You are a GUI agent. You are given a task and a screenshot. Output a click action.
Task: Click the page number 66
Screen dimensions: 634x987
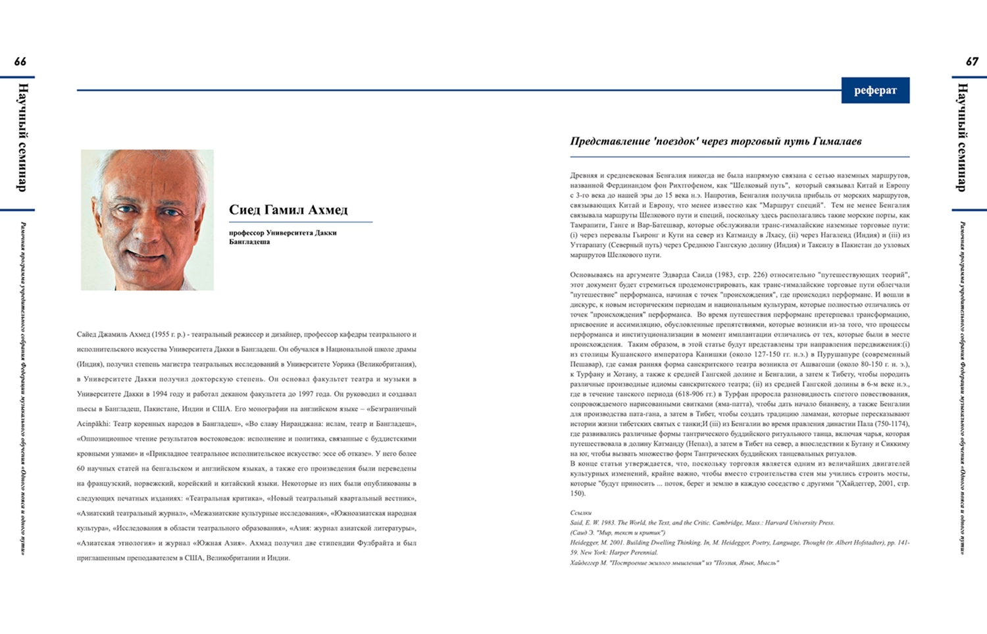(20, 62)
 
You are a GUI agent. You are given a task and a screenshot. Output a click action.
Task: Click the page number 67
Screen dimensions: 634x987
(972, 62)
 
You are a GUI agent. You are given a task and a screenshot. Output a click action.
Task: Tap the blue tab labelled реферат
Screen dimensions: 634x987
(875, 91)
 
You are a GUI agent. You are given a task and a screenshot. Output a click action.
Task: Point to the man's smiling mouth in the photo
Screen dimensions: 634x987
(146, 253)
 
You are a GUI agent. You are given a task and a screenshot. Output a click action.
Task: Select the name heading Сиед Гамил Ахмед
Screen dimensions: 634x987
(288, 210)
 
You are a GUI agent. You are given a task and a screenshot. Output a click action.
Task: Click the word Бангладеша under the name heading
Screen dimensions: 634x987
(249, 242)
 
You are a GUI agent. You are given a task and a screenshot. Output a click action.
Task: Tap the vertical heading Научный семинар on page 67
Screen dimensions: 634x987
(962, 137)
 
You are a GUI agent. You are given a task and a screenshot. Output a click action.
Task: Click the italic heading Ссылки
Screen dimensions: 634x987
(581, 512)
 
